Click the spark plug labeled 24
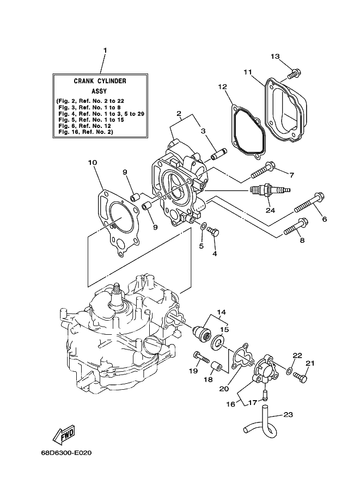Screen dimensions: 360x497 [270, 190]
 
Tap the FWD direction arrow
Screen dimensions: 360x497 [64, 434]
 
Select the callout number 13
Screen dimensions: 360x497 [275, 57]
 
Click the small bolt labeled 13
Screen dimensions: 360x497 [294, 75]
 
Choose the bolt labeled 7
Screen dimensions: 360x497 [263, 170]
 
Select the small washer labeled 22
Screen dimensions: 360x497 [289, 371]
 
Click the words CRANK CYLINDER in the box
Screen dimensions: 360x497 [100, 81]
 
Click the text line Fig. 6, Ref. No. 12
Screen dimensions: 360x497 [84, 126]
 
